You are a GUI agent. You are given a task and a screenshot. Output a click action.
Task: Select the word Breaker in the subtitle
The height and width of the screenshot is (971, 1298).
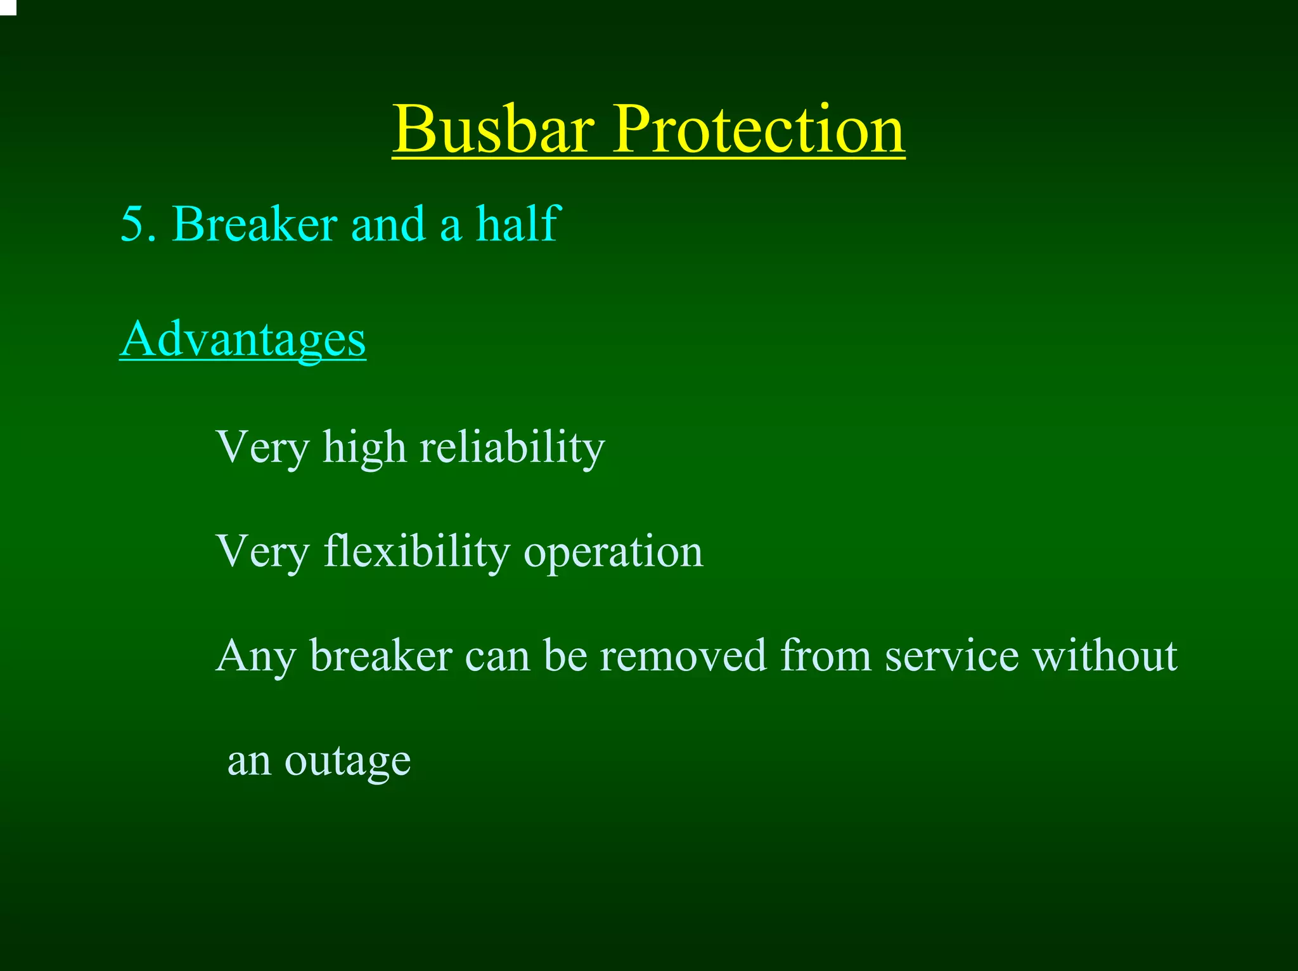click(254, 225)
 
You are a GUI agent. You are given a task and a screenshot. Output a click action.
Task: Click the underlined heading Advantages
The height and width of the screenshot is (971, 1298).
click(243, 340)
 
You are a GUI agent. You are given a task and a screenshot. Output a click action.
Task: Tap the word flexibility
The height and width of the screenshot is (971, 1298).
click(416, 552)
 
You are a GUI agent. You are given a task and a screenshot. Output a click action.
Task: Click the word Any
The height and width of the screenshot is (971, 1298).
click(255, 657)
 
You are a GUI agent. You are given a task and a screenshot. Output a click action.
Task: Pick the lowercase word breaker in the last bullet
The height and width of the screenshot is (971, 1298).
click(381, 656)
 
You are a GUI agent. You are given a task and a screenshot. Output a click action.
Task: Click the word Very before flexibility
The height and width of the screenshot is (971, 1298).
click(262, 552)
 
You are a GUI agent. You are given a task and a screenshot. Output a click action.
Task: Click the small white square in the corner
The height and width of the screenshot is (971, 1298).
click(7, 6)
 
